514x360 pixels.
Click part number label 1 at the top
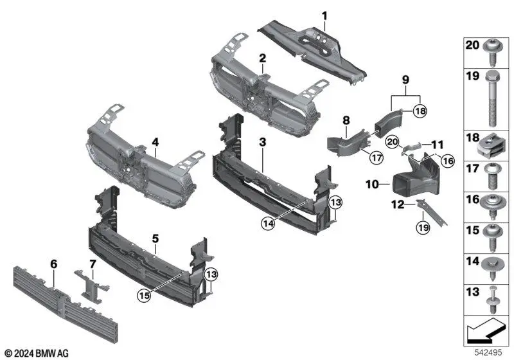pos(324,15)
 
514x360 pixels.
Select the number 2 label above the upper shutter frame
pos(262,59)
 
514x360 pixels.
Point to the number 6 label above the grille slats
pos(53,264)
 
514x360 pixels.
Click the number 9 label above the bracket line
pos(405,81)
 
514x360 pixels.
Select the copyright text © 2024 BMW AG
pos(37,354)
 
